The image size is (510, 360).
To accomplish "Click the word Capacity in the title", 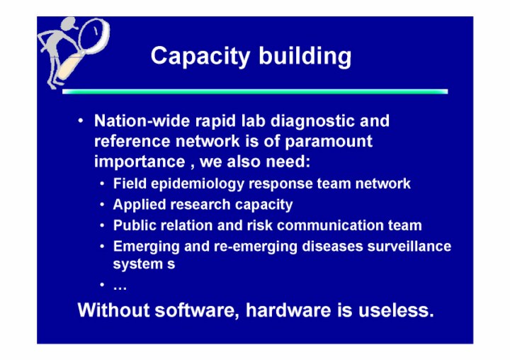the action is click(200, 57).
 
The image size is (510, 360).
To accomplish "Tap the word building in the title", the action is click(305, 56).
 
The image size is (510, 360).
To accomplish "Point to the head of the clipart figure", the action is click(68, 24).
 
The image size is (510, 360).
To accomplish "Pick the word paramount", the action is click(329, 142).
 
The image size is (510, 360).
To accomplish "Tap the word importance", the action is click(140, 162).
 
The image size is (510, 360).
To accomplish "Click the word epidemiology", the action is click(198, 184).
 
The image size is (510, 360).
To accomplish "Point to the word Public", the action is click(135, 225).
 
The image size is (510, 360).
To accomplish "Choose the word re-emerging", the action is click(255, 247).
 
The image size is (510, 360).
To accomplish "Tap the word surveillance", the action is click(409, 246).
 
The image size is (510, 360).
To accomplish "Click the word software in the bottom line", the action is click(195, 310).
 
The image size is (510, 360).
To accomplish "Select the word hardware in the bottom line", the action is click(288, 310).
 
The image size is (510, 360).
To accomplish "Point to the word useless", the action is click(396, 310).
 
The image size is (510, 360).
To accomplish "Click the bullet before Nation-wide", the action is click(81, 120).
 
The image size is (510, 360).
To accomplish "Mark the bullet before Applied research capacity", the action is click(102, 205).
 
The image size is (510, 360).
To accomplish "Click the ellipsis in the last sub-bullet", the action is click(120, 288).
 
